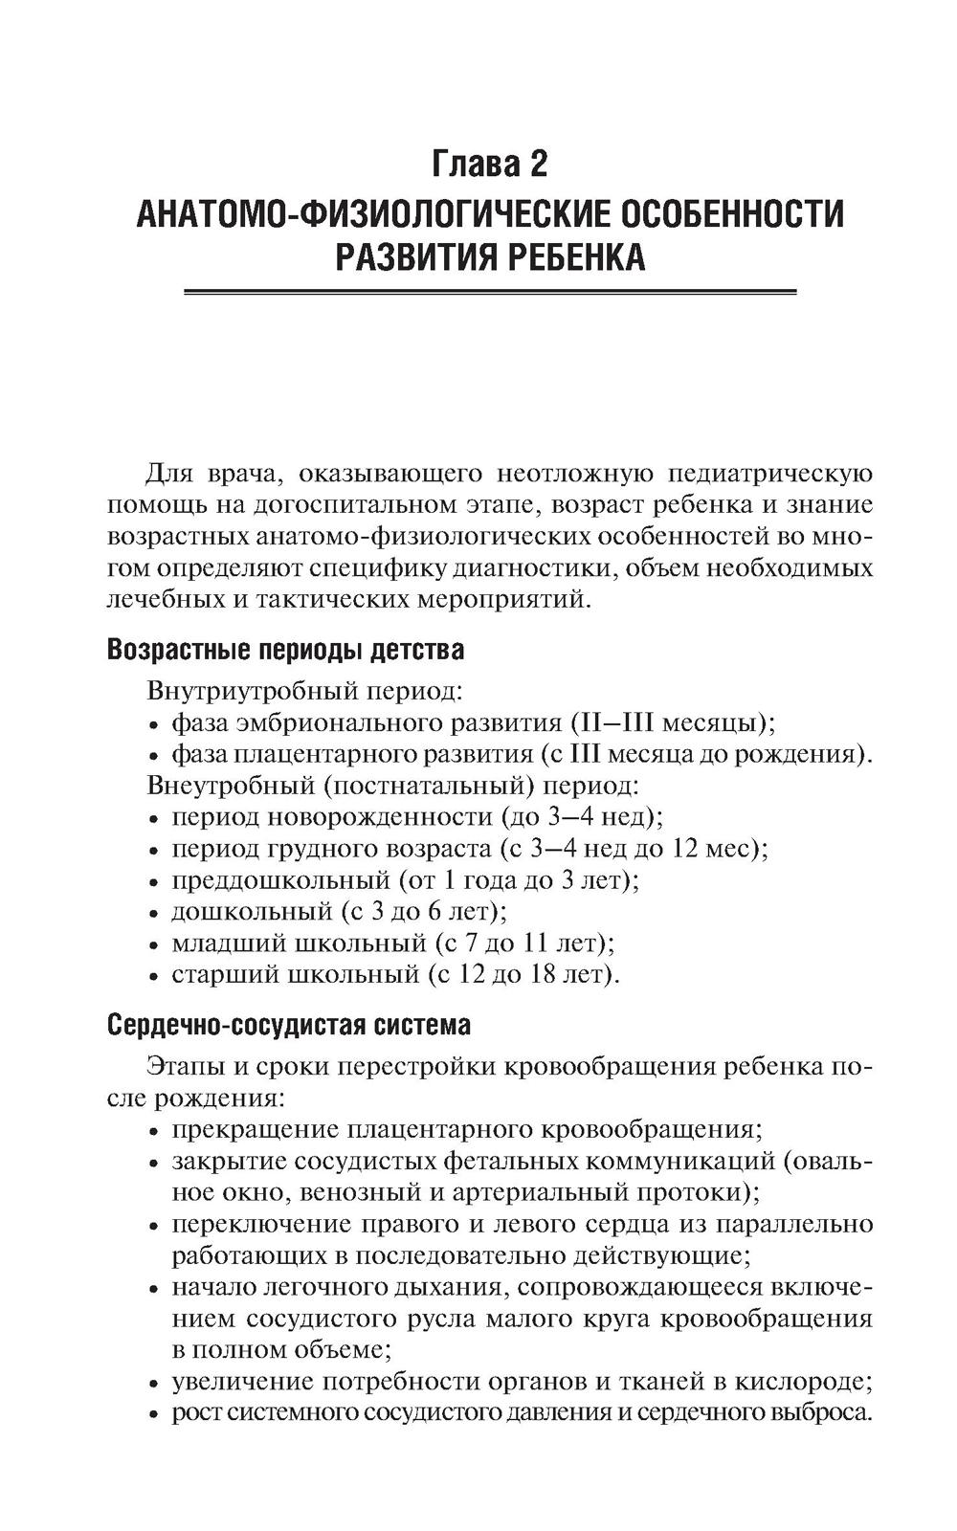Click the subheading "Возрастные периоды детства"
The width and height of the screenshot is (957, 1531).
click(285, 650)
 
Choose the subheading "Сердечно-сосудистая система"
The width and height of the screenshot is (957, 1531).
click(288, 1025)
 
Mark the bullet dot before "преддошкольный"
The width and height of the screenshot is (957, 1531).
click(155, 881)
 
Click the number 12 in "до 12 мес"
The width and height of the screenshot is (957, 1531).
click(690, 848)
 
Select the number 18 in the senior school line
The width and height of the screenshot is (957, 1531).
click(540, 974)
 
